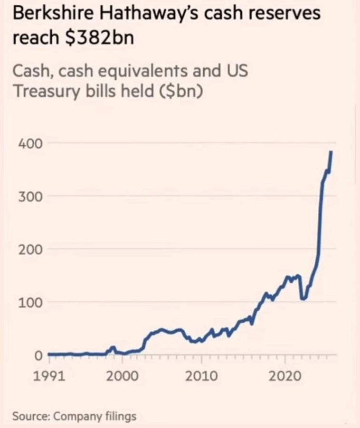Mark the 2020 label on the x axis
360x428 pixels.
pyautogui.click(x=285, y=377)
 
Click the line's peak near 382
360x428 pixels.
pyautogui.click(x=331, y=152)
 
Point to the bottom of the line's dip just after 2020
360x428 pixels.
pyautogui.click(x=303, y=298)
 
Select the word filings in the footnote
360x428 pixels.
pyautogui.click(x=121, y=417)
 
